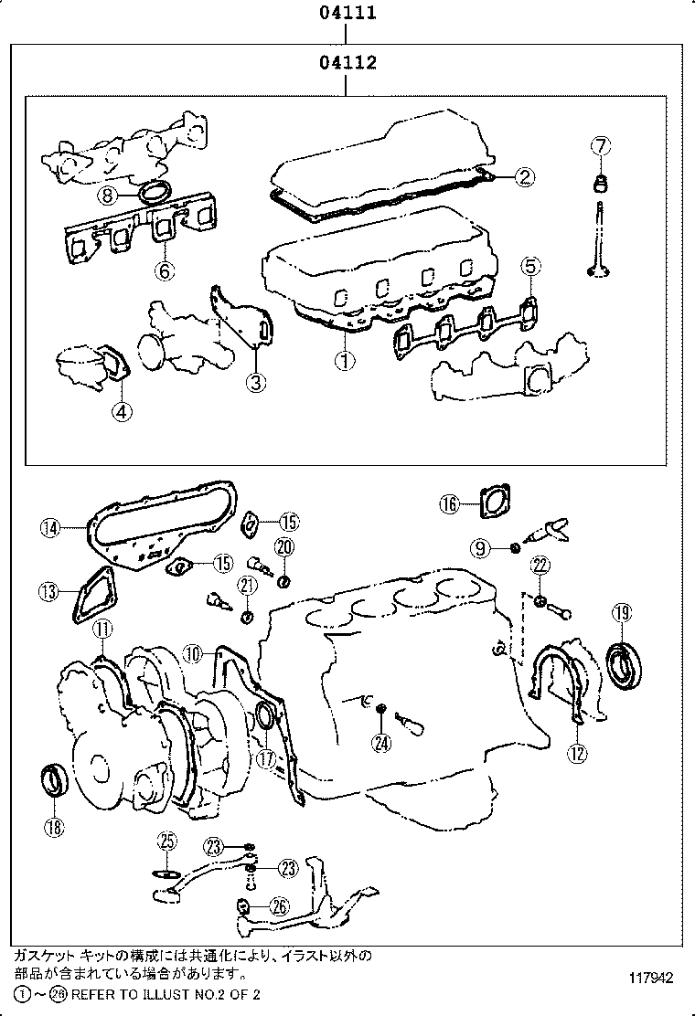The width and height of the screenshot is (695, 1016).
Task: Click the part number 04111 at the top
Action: pos(347,14)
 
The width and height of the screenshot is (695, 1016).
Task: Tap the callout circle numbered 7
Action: pos(600,145)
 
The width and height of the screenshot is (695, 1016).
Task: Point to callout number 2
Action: pos(523,177)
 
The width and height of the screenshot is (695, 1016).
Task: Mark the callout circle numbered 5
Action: pos(531,266)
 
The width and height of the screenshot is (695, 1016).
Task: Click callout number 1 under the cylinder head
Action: pos(344,361)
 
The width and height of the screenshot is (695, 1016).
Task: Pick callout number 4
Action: pos(122,411)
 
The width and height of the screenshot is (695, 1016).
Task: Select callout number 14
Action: pos(50,526)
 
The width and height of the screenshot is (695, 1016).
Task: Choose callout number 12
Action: pos(577,753)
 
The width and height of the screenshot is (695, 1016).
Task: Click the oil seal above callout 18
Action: pos(56,782)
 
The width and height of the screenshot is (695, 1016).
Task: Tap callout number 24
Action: pos(380,743)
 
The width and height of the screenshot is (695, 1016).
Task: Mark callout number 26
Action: pos(279,907)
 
